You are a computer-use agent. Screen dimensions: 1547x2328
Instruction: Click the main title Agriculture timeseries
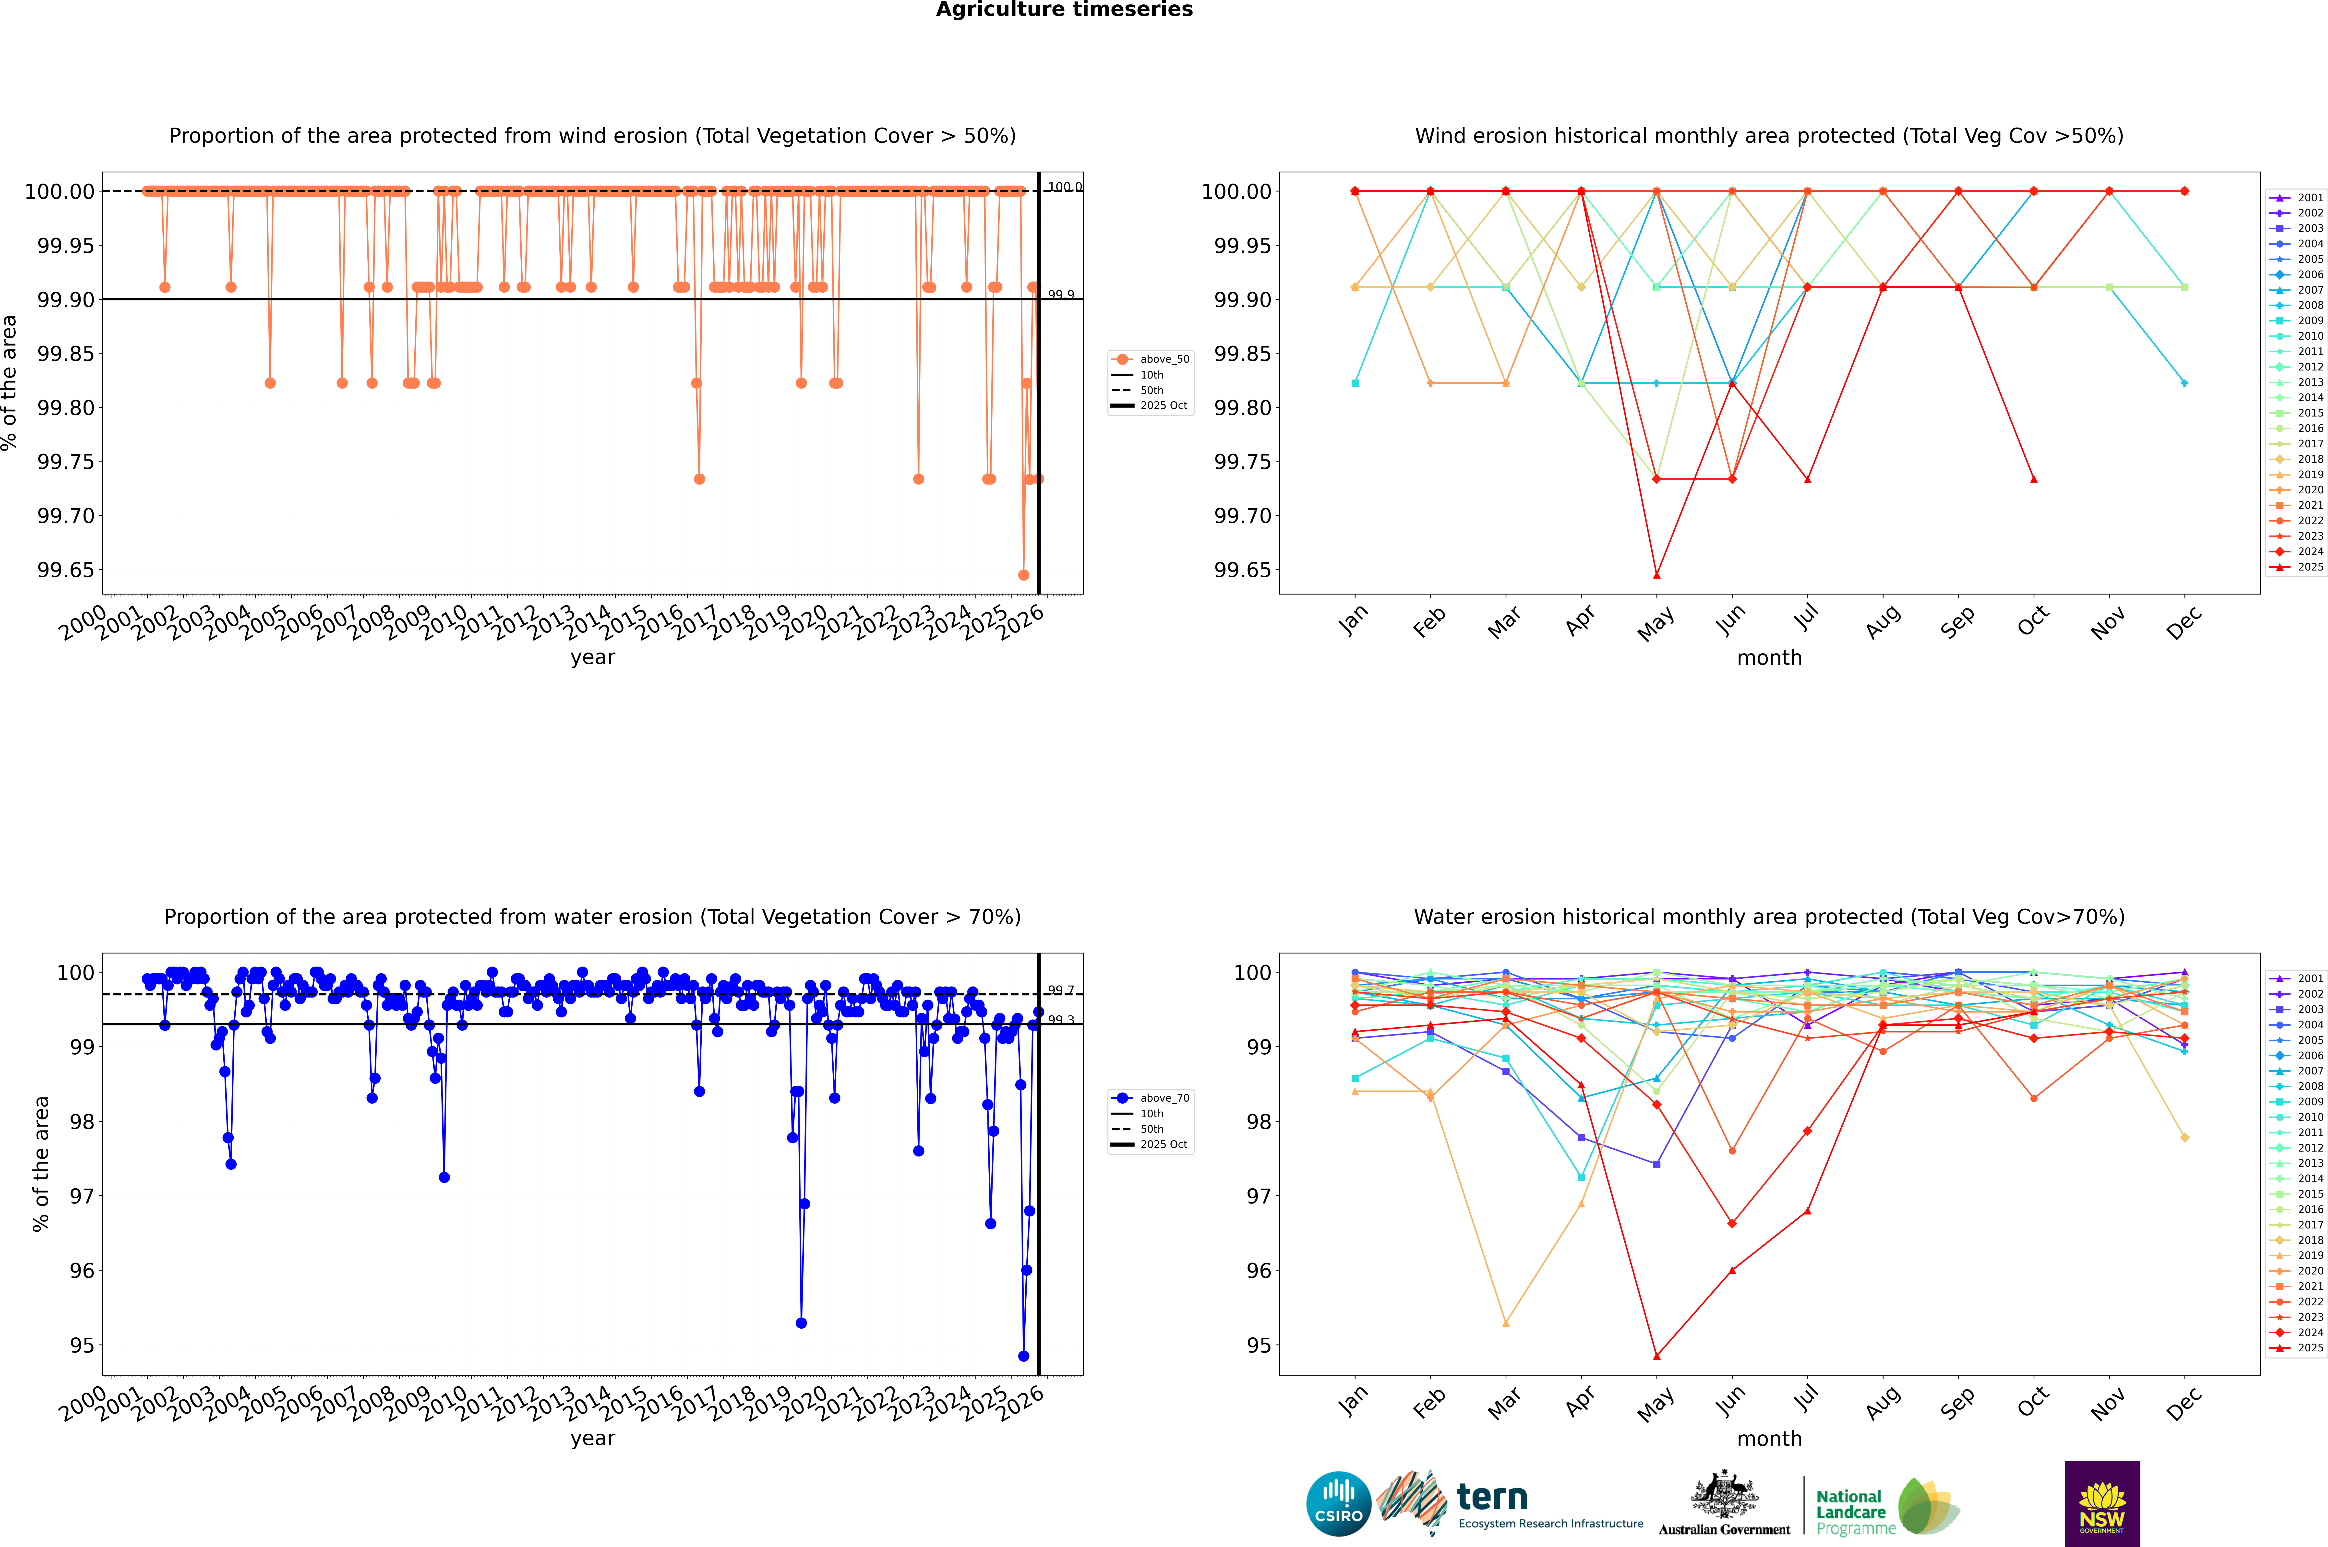pyautogui.click(x=1064, y=10)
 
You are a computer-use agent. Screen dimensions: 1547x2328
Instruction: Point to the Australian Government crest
pyautogui.click(x=1724, y=1502)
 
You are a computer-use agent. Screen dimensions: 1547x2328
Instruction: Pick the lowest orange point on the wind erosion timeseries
pyautogui.click(x=1023, y=575)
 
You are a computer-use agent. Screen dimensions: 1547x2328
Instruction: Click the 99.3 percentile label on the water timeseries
pyautogui.click(x=1061, y=1020)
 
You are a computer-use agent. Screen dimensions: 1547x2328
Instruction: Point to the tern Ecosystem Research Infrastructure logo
pyautogui.click(x=1510, y=1505)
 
